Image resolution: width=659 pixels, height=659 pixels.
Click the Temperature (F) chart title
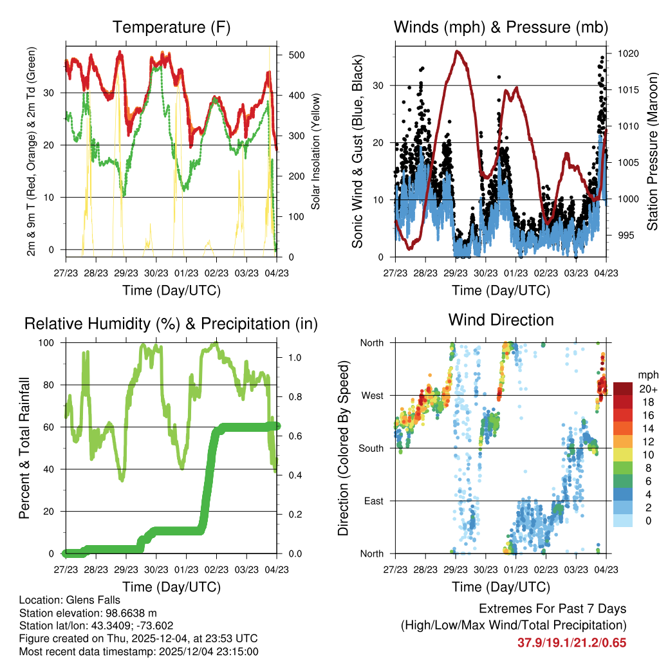[x=171, y=27]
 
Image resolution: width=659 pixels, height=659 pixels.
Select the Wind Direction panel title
[x=501, y=320]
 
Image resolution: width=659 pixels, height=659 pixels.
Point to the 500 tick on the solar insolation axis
[x=296, y=55]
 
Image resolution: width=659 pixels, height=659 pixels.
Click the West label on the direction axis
[x=371, y=395]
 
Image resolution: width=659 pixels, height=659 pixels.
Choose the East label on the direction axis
[x=373, y=501]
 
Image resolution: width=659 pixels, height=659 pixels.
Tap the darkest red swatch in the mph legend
[x=623, y=389]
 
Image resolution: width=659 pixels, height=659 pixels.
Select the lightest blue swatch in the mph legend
[x=623, y=520]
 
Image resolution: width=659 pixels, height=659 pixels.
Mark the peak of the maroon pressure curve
[x=457, y=51]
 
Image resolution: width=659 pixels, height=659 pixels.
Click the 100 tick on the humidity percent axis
[x=52, y=343]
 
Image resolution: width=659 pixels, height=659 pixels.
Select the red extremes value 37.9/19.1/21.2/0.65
[x=571, y=642]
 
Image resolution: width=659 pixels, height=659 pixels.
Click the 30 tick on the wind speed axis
[x=378, y=86]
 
